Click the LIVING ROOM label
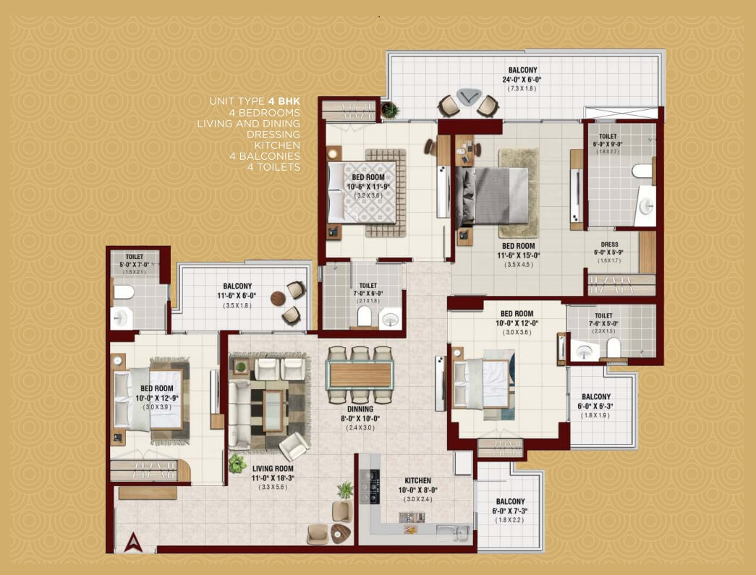coord(273,469)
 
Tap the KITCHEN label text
coord(418,480)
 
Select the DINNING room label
coord(360,409)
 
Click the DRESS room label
coord(609,244)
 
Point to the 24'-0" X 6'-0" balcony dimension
coord(522,80)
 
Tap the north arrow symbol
coord(133,542)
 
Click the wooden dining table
coord(360,375)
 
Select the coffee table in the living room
coord(273,411)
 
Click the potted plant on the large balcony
coord(389,111)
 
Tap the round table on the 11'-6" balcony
coord(279,298)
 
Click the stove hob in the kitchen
coord(370,486)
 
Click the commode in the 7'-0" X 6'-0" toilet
coord(365,316)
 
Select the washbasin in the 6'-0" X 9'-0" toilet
coord(645,206)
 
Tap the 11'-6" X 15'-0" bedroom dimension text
coord(519,255)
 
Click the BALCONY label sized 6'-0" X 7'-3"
coord(510,502)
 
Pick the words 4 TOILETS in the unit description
coord(274,167)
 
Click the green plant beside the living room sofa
coord(237,464)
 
